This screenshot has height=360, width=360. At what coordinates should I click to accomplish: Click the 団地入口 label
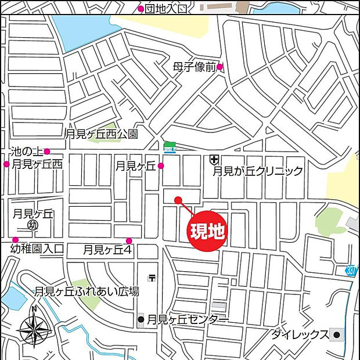pyautogui.click(x=167, y=8)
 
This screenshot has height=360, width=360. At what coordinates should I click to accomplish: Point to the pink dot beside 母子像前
pyautogui.click(x=220, y=67)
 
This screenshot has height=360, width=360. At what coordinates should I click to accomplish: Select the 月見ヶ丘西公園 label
pyautogui.click(x=102, y=134)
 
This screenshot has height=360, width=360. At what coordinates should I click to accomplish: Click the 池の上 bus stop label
pyautogui.click(x=25, y=152)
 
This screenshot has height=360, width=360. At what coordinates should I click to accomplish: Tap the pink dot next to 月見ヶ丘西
pyautogui.click(x=6, y=164)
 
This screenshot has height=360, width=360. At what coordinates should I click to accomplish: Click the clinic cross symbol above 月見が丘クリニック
pyautogui.click(x=214, y=159)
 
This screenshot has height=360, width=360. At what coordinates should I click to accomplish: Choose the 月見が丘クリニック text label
pyautogui.click(x=257, y=171)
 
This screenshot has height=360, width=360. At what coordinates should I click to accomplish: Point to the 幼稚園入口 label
pyautogui.click(x=37, y=250)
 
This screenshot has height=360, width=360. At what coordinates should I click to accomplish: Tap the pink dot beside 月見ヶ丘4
pyautogui.click(x=129, y=241)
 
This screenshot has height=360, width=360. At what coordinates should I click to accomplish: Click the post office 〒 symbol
pyautogui.click(x=152, y=278)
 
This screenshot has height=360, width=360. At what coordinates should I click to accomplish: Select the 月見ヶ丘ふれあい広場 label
pyautogui.click(x=87, y=291)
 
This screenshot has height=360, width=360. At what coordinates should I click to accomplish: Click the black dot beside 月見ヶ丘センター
pyautogui.click(x=141, y=319)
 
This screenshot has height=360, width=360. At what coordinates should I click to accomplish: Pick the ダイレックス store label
pyautogui.click(x=300, y=335)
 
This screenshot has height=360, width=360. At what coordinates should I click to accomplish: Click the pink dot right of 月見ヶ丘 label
pyautogui.click(x=161, y=166)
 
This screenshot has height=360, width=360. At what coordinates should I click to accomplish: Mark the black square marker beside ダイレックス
pyautogui.click(x=336, y=334)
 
